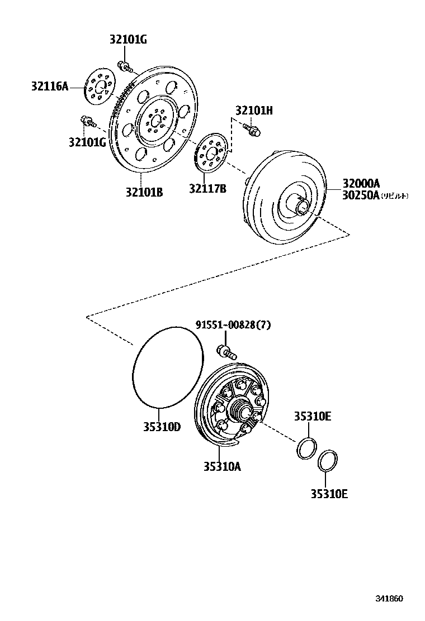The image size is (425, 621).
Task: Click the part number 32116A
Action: point(49,86)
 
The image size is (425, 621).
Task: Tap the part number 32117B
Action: point(207,188)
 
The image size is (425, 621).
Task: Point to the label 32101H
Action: point(254,111)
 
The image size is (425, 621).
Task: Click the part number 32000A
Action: point(361,183)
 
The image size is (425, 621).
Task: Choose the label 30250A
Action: point(361,195)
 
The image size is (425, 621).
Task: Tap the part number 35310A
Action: point(222,466)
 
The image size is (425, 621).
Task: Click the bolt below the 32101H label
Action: point(252,131)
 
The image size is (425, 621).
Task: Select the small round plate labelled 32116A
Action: point(100,87)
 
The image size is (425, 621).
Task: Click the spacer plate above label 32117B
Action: point(210,152)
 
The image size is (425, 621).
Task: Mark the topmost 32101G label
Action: point(128,40)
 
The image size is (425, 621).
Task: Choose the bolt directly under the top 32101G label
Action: point(125,67)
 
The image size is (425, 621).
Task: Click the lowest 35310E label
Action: point(329,494)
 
